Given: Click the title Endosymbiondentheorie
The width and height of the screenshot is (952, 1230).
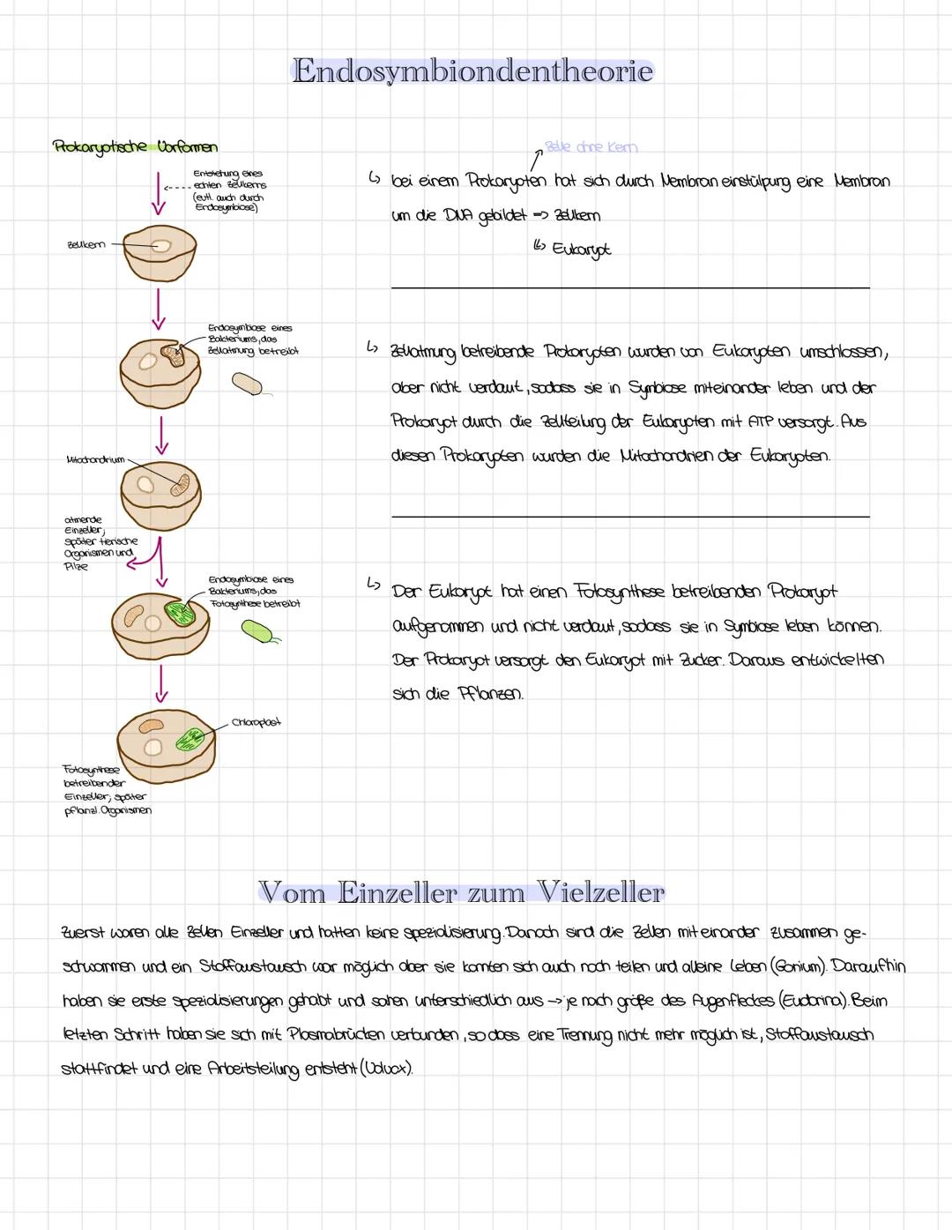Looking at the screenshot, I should tap(472, 71).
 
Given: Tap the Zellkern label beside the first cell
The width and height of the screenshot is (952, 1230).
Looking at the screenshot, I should tap(86, 244).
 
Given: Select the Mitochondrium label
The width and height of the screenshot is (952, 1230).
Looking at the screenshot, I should tap(94, 459).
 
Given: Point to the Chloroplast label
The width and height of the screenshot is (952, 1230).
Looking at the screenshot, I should tap(256, 722).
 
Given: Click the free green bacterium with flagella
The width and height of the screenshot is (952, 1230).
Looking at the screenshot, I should tap(257, 630).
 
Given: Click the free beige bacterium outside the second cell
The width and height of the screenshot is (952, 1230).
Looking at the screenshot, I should tap(247, 384).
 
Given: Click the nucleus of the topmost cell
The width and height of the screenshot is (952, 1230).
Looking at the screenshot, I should tap(160, 246).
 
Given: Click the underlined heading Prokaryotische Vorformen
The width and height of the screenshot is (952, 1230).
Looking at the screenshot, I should tap(135, 146).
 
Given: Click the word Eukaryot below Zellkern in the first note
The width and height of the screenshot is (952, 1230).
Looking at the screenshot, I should tap(581, 250).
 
